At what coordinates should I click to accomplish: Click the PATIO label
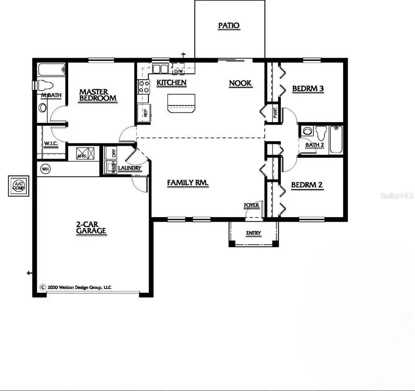coord(229,25)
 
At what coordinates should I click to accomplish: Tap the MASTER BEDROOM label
coord(97,95)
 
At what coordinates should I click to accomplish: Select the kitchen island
coord(181,103)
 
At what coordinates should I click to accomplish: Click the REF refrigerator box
coord(143,112)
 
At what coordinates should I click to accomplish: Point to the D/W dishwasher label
coord(178,71)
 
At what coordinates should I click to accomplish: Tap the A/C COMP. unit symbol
coord(19,185)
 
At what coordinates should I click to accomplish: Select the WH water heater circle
coord(45,168)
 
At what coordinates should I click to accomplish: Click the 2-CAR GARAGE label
coord(91,228)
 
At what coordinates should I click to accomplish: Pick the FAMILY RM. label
coord(188,183)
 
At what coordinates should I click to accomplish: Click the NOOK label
coord(240,83)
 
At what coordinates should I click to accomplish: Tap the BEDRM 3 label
coord(307,88)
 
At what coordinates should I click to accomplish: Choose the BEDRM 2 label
coord(307,185)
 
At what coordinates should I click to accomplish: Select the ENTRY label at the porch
coord(253,233)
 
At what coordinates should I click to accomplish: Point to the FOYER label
coord(251,205)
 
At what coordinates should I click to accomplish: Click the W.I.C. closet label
coord(51,144)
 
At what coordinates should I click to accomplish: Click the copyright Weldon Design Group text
coord(76,287)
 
